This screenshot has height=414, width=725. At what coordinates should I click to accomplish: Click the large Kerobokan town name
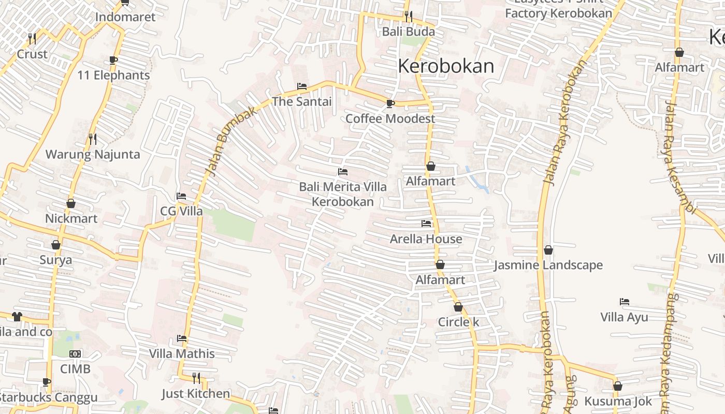point(446,66)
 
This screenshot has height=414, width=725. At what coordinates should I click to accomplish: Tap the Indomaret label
point(125,17)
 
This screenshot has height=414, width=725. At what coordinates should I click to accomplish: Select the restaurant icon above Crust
point(32,38)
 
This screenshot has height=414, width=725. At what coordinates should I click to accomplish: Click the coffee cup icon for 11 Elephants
point(113,61)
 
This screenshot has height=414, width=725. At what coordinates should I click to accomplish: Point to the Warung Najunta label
point(93,154)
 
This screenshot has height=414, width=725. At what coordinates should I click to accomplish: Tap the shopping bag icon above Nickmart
point(71,203)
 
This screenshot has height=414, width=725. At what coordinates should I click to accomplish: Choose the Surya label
point(56,260)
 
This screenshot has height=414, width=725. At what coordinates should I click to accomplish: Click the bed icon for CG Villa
point(181,196)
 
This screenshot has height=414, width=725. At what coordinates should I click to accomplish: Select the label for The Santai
point(302,101)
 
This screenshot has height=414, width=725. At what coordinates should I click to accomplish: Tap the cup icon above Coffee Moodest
point(390,104)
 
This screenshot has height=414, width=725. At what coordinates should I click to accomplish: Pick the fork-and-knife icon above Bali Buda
point(409,17)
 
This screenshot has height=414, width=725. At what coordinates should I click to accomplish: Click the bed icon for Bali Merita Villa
point(342,172)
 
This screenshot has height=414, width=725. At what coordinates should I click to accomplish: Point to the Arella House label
point(426,239)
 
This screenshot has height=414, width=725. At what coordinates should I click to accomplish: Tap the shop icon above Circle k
point(458,307)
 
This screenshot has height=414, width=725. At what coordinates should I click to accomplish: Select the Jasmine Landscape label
point(548,265)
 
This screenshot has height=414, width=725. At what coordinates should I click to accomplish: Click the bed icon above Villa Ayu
point(625,302)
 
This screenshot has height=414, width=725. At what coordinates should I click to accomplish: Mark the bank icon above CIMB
point(75,354)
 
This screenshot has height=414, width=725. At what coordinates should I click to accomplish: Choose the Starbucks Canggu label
point(49,398)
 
